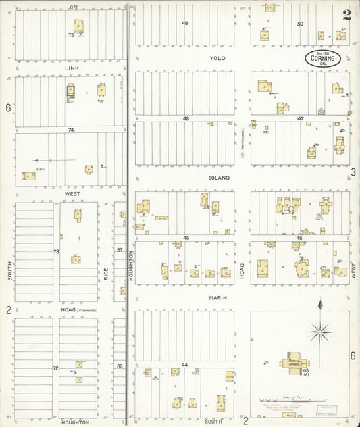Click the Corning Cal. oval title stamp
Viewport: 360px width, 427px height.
(x=320, y=59)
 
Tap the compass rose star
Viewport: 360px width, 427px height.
(x=319, y=331)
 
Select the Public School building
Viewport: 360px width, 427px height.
(x=294, y=360)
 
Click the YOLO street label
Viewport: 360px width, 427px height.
(x=217, y=58)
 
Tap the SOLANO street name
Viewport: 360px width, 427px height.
(x=219, y=178)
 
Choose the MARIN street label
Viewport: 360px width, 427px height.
(x=217, y=297)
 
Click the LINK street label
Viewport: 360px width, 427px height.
(x=72, y=68)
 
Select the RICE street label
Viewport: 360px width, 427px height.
(x=107, y=274)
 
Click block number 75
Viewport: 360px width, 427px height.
(x=70, y=34)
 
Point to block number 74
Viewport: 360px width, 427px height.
(x=70, y=129)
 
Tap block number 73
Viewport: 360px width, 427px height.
(x=57, y=251)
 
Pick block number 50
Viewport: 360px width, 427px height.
(x=301, y=24)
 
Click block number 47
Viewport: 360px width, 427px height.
(x=301, y=118)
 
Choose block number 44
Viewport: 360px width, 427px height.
(x=184, y=365)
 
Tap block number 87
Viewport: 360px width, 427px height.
(x=120, y=250)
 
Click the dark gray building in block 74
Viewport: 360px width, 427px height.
(x=70, y=92)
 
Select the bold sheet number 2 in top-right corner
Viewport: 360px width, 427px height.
(x=346, y=16)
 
